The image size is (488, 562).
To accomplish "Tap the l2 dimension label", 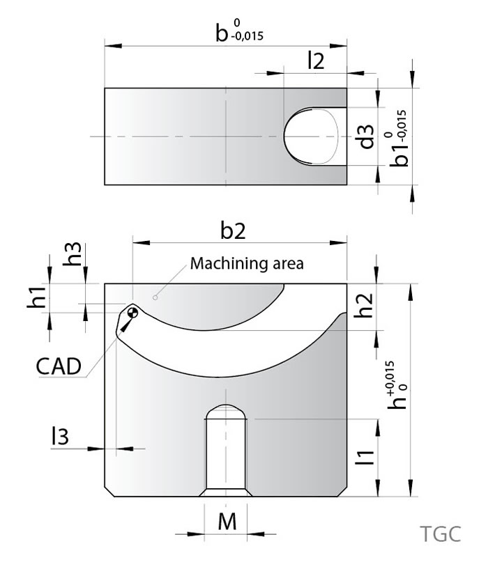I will tap(316, 61).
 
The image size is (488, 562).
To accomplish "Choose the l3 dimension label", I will tap(59, 437).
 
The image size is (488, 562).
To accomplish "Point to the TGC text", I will tap(441, 534).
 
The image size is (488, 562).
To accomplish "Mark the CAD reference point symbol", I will tap(132, 313).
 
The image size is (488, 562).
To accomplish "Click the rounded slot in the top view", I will tap(313, 136).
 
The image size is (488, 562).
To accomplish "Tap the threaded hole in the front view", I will tap(225, 449).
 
